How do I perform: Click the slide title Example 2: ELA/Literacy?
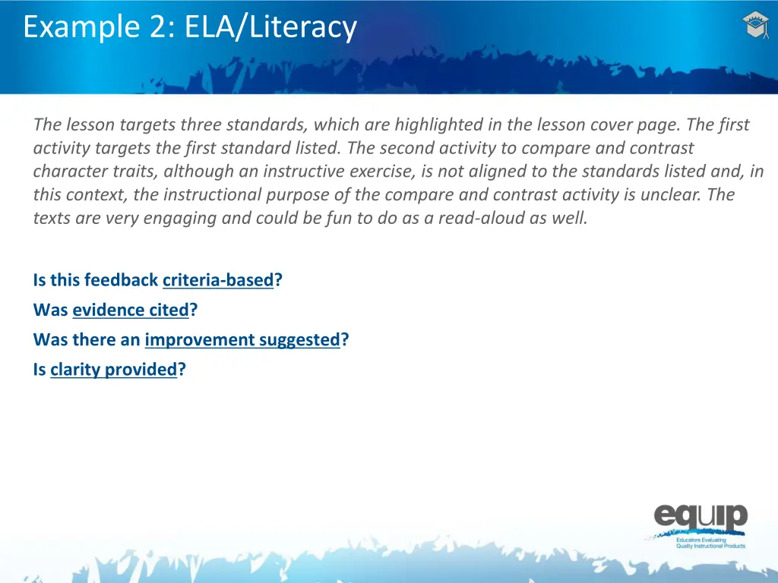coord(189,27)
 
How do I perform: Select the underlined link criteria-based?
coord(217,280)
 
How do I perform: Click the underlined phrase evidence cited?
coord(130,310)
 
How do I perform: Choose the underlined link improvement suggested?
coord(242,339)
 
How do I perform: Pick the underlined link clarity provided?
coord(113,370)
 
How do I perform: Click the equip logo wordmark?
coord(701,519)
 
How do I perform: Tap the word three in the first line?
coord(198,124)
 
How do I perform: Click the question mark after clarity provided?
coord(182,370)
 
